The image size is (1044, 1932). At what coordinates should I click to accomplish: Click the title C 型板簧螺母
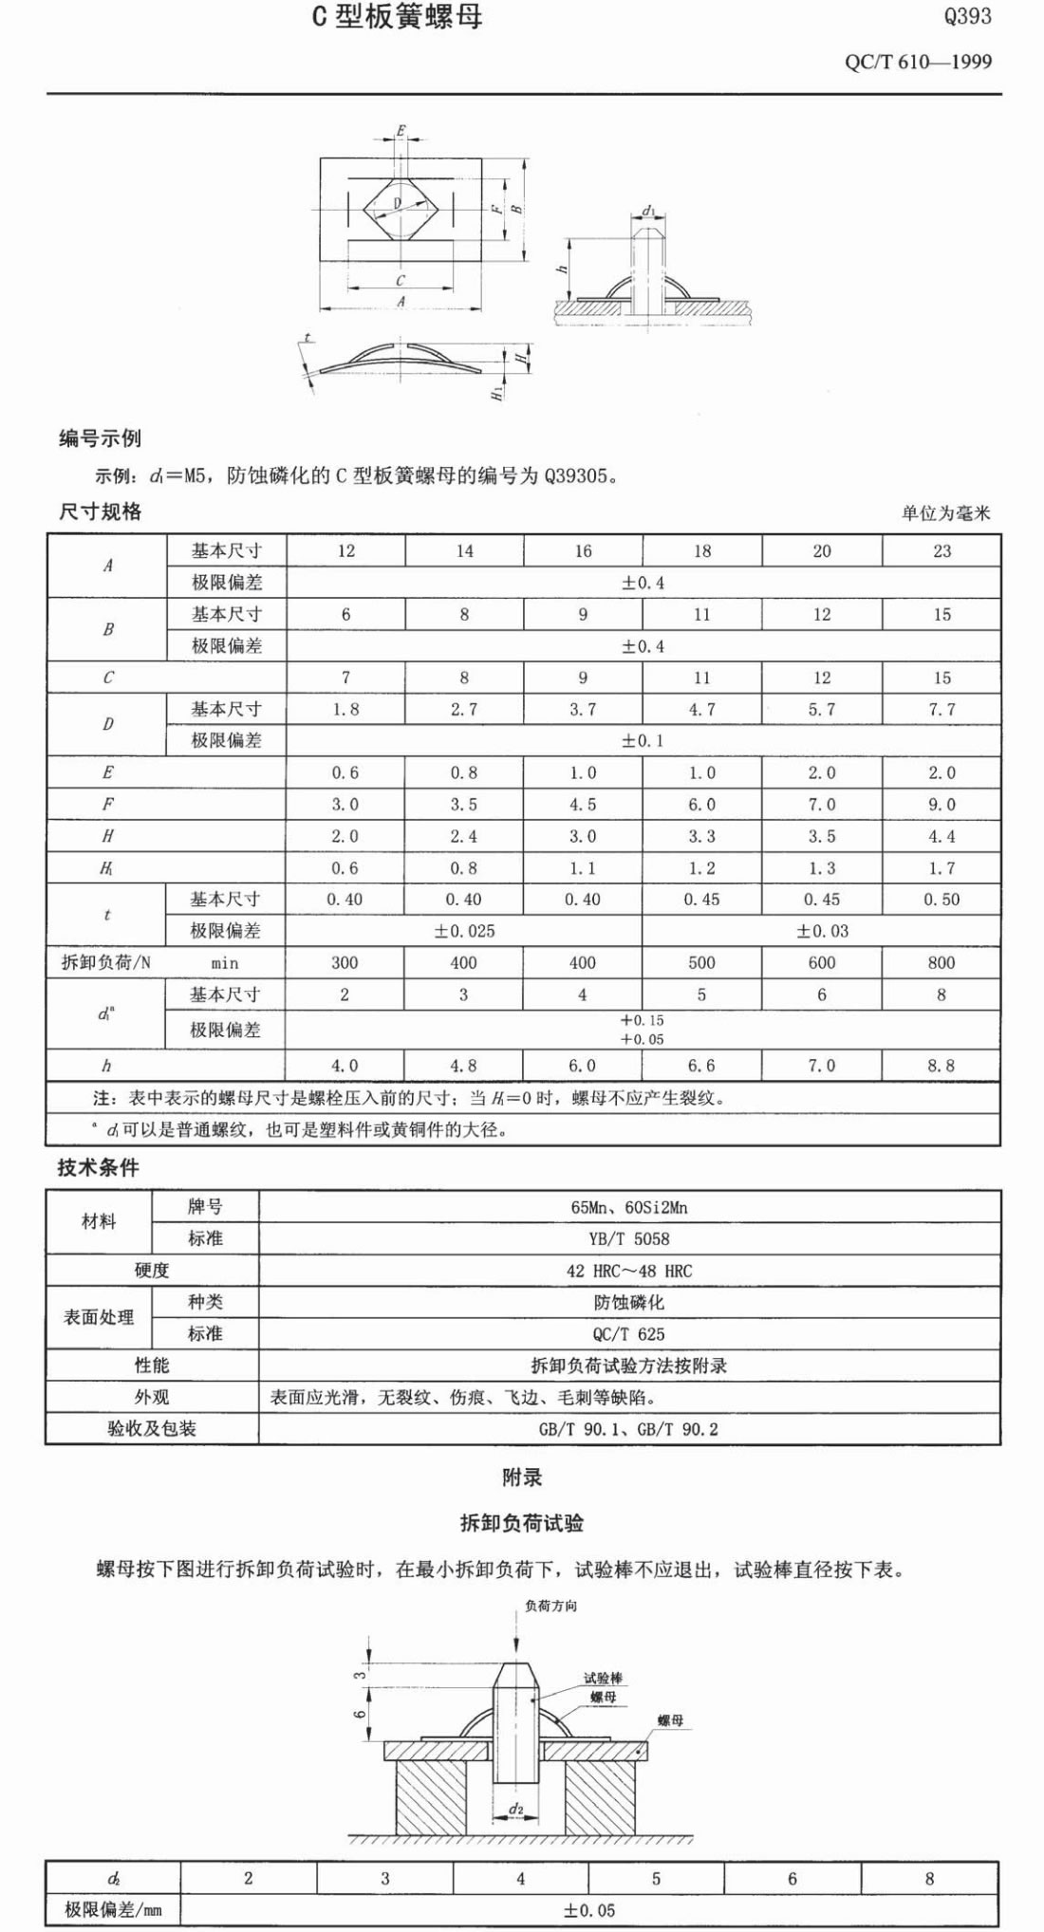(398, 17)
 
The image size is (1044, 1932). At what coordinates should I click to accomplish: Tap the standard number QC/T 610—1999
(918, 63)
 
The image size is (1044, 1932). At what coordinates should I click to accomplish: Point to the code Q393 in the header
(967, 16)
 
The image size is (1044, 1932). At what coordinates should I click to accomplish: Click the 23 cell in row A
(941, 551)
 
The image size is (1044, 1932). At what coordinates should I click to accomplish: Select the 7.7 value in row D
(941, 710)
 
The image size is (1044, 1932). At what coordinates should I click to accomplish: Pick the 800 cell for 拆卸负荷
(941, 963)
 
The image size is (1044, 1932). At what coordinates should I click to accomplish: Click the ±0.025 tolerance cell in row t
(464, 932)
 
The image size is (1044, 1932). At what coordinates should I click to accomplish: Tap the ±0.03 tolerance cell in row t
(822, 932)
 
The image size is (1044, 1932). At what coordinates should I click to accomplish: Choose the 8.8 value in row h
(941, 1066)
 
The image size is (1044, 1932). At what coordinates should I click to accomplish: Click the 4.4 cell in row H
(941, 837)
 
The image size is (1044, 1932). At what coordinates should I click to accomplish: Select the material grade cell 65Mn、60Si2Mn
(629, 1208)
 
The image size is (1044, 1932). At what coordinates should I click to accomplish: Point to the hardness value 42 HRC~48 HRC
(629, 1272)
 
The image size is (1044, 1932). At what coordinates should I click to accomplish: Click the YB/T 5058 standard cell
(629, 1239)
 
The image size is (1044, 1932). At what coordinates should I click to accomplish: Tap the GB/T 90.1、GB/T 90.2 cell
(629, 1429)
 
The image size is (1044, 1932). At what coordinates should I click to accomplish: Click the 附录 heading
(522, 1477)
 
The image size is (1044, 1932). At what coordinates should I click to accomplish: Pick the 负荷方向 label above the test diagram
(550, 1606)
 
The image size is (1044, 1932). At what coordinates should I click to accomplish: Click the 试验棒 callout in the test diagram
(603, 1679)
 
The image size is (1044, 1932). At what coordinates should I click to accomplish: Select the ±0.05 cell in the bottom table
(588, 1910)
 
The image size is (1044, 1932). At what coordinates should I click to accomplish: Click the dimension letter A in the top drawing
(401, 301)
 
